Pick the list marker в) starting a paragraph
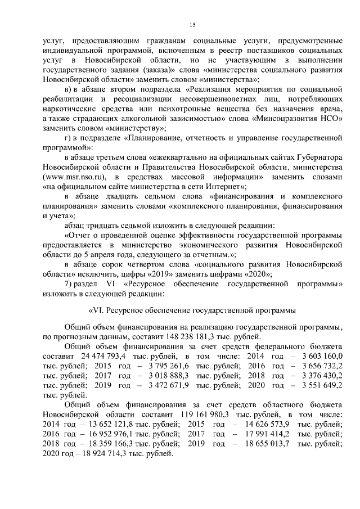pyautogui.click(x=69, y=89)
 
